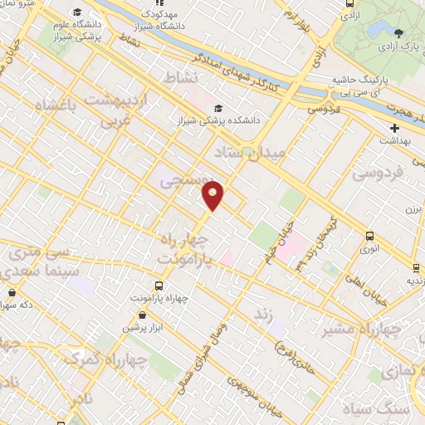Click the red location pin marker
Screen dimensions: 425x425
[x=214, y=195]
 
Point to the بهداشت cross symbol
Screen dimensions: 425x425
[x=394, y=128]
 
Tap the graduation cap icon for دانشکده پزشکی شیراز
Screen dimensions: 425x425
[x=217, y=108]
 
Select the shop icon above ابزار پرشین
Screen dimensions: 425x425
[x=144, y=315]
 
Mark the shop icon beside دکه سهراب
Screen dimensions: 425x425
[x=12, y=293]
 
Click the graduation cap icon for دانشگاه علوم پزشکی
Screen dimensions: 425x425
[x=77, y=12]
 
